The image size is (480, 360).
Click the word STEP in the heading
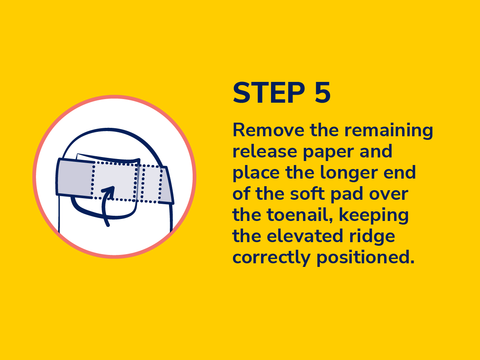click(x=269, y=92)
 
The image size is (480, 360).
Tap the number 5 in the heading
click(x=323, y=92)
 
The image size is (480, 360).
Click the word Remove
click(x=268, y=130)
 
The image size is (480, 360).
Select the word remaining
click(x=388, y=131)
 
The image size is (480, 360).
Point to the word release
click(x=265, y=151)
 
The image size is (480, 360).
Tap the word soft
click(x=307, y=193)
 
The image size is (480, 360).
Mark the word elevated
click(x=305, y=236)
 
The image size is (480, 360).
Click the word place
click(x=256, y=173)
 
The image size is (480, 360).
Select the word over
click(x=388, y=195)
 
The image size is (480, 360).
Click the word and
click(x=376, y=151)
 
